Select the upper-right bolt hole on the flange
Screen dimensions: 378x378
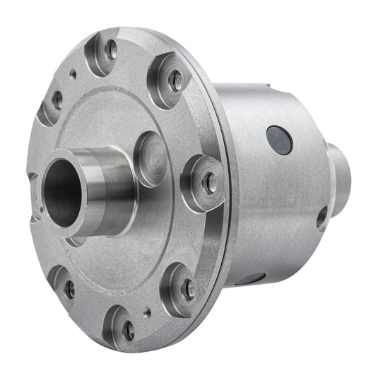click(177, 79)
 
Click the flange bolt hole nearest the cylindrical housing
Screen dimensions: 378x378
click(210, 183)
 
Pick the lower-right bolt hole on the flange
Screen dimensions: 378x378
click(188, 288)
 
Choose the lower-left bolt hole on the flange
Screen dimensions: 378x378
click(69, 288)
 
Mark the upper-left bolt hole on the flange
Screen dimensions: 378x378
click(57, 100)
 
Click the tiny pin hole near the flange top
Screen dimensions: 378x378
click(73, 72)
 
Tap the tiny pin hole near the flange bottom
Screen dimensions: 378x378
click(147, 310)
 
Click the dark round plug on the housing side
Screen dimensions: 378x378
click(280, 140)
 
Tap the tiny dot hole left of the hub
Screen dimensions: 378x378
click(42, 209)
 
